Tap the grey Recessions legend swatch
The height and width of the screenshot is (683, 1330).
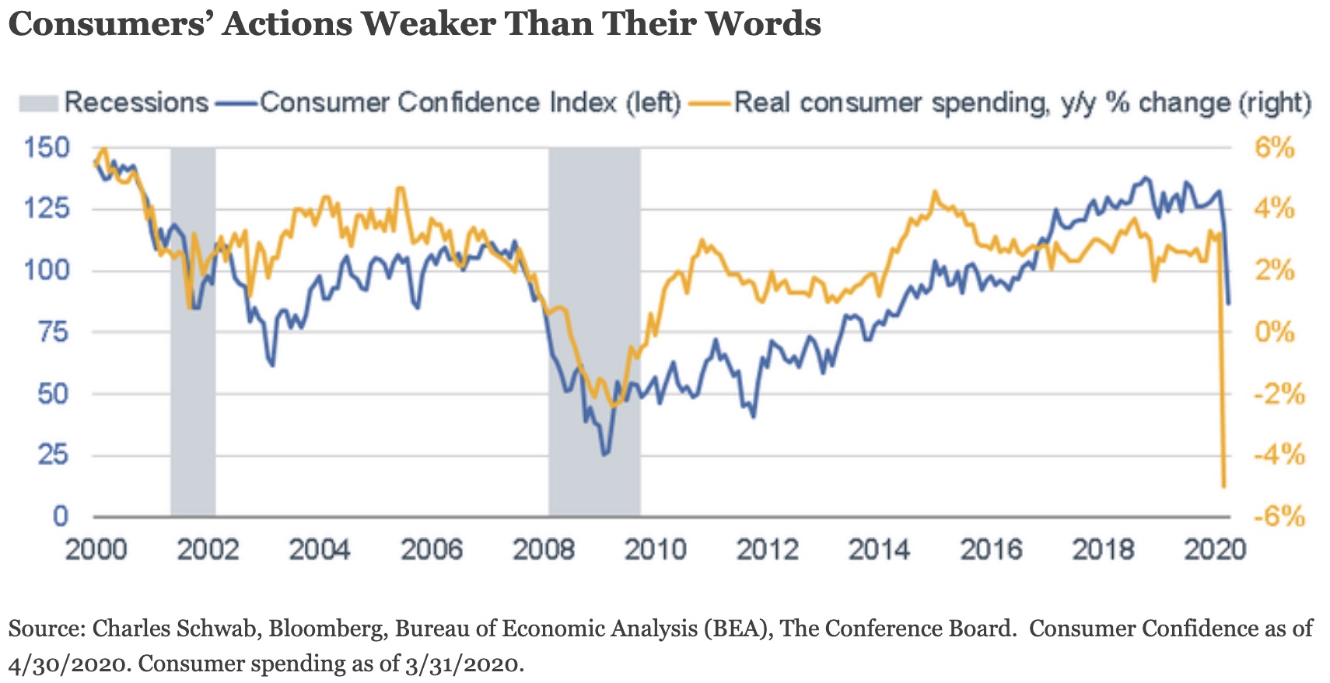coord(38,103)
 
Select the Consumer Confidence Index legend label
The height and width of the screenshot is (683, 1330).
coord(470,103)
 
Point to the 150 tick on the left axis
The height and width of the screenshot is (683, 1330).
coord(47,147)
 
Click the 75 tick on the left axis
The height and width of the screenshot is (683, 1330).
coord(53,332)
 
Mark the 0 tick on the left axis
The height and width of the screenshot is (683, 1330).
coord(60,516)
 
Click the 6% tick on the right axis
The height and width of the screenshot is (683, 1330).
coord(1274,147)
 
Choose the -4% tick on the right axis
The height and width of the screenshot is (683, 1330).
coord(1278,454)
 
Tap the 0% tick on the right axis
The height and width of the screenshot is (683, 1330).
coord(1274,332)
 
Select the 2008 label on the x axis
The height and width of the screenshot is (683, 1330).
coord(543,550)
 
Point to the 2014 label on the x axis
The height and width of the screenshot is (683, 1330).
coord(879,550)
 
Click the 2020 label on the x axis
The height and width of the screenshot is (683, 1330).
coord(1214,550)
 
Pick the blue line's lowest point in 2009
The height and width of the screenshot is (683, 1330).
coord(604,454)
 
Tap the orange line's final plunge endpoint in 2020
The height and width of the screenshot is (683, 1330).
coord(1223,487)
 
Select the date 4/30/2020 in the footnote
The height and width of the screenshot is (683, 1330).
coord(67,664)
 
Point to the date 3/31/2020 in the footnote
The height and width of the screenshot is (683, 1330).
coord(462,664)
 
